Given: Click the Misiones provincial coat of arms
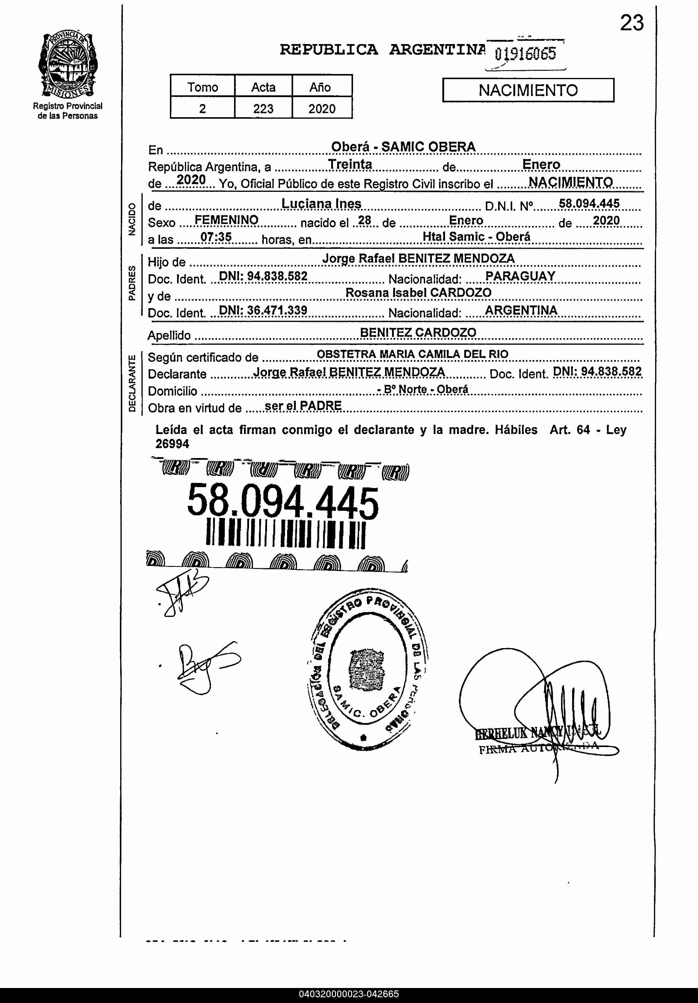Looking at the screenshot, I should tap(68, 66).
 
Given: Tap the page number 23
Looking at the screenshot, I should tap(631, 23).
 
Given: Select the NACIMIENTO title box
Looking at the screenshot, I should tap(528, 90).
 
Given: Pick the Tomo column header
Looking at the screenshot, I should tap(203, 87).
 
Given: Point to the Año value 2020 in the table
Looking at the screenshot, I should tap(322, 108).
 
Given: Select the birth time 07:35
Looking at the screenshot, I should tap(216, 237).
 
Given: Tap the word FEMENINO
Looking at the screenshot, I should tap(226, 220).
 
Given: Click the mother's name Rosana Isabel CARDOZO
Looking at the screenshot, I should tap(418, 293).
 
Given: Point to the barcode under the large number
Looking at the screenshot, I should tap(285, 533).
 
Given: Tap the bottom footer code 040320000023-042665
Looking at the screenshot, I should tap(349, 994).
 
